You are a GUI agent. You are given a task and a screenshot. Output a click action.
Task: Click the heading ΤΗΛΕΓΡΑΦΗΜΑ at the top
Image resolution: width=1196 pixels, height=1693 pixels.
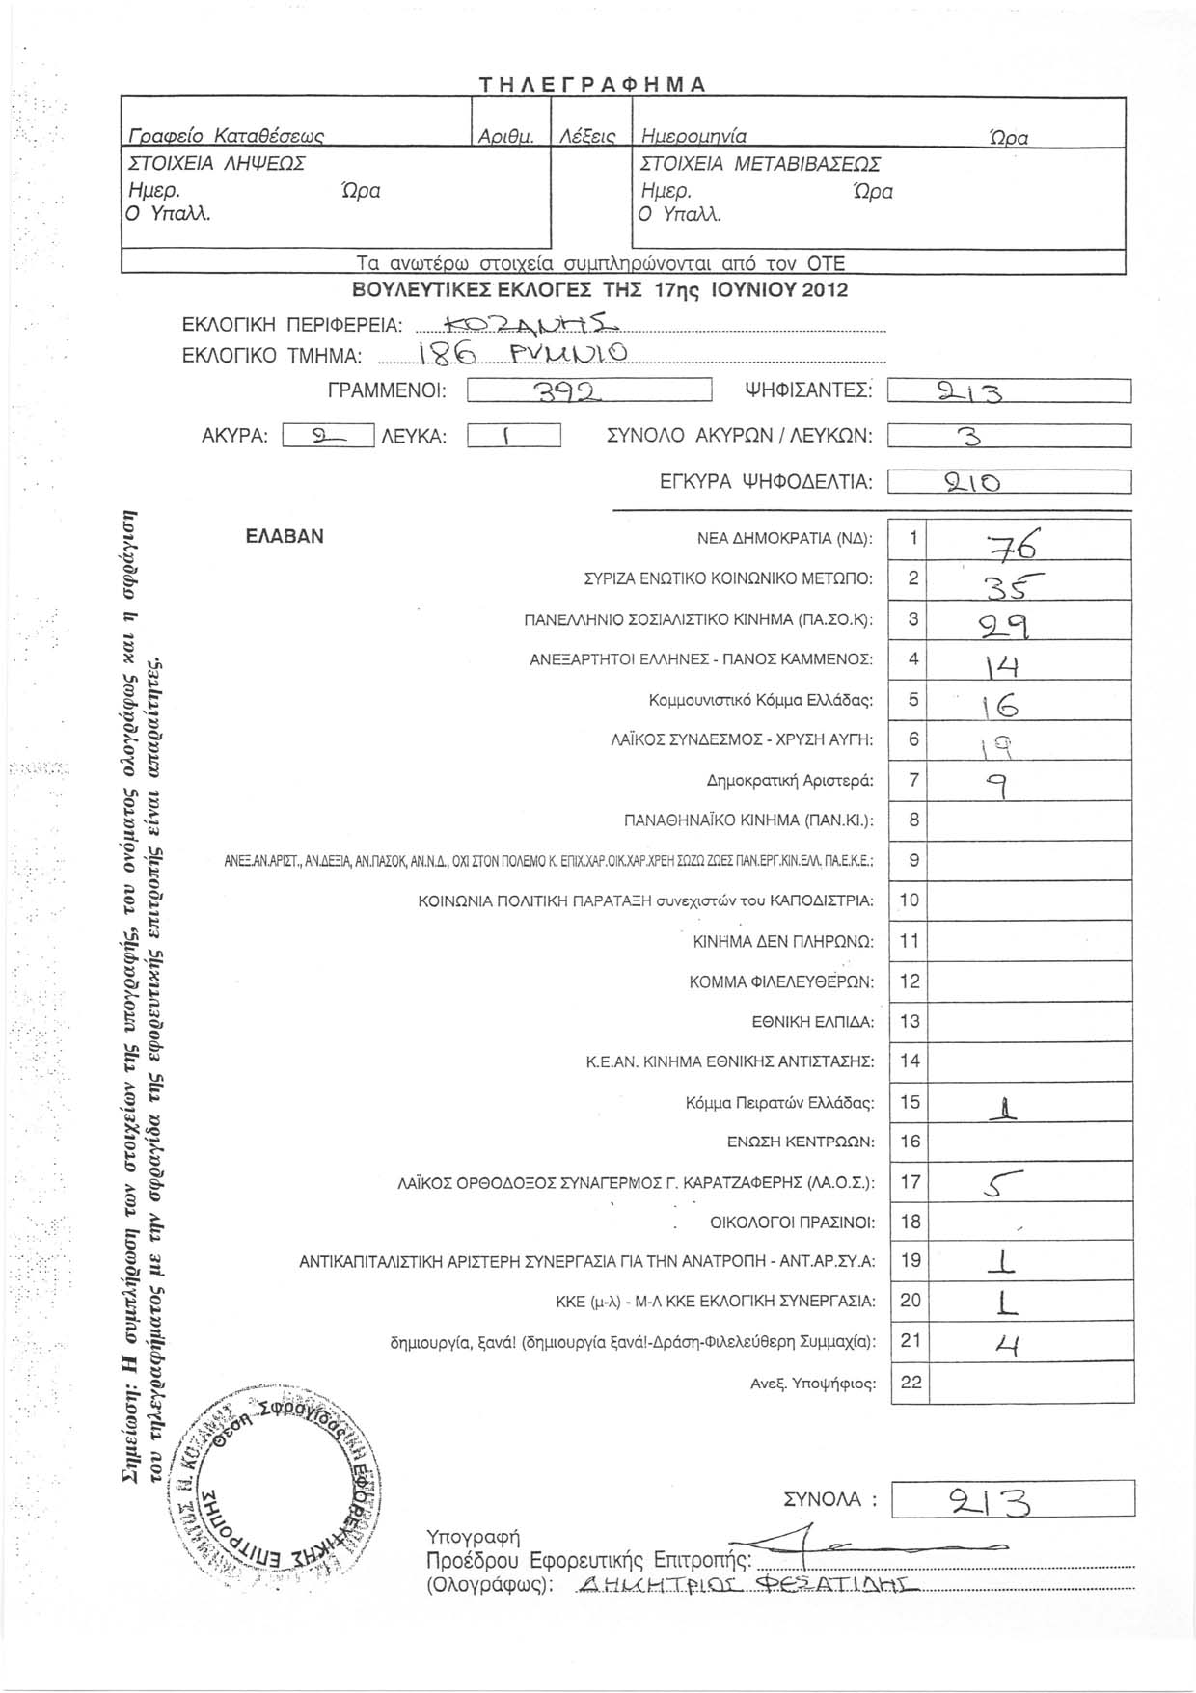click(593, 83)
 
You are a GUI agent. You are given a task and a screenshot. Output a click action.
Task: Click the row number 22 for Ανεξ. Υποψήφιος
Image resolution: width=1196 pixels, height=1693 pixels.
click(911, 1382)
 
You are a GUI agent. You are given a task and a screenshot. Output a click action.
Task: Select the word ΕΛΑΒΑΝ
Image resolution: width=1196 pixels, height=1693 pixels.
click(285, 537)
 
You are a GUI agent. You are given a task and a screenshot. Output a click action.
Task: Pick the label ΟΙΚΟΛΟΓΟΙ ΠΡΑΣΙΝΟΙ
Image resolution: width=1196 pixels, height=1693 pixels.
click(792, 1223)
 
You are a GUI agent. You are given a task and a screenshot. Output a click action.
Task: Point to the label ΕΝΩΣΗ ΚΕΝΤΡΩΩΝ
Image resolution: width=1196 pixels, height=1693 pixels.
click(800, 1142)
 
